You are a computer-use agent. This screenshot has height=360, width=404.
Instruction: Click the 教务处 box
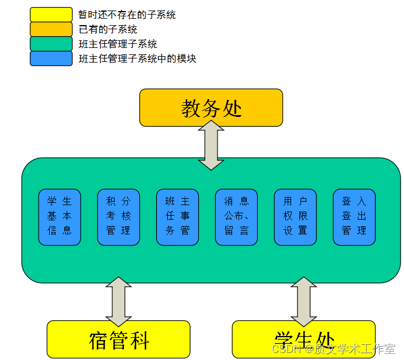211,108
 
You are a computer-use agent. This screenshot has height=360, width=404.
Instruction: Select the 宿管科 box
119,340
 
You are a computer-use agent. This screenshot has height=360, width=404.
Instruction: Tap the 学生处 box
303,340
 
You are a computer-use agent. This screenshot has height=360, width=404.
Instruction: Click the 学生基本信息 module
60,217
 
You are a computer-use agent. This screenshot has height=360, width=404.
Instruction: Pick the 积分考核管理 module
119,217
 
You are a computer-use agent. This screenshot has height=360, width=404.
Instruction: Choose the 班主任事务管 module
178,217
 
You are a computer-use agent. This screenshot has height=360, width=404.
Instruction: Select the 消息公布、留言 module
236,217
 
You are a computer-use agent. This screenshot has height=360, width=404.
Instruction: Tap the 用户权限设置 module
295,217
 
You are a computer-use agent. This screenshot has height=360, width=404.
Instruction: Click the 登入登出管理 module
354,217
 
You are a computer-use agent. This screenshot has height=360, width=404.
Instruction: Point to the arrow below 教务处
211,145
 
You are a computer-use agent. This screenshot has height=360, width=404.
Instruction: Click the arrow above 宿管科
119,302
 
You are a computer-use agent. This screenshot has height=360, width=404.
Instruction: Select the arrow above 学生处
303,302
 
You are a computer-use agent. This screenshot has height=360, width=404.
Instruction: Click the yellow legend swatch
51,15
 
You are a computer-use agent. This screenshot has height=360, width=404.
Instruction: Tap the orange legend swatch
51,29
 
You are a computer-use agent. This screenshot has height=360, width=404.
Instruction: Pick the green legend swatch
51,44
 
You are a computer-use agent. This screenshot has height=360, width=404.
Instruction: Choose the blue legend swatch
51,58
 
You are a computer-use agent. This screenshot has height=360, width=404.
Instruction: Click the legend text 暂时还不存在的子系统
127,15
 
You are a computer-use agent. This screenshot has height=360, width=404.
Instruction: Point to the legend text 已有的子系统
108,29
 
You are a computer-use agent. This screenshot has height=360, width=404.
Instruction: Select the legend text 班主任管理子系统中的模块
137,58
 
